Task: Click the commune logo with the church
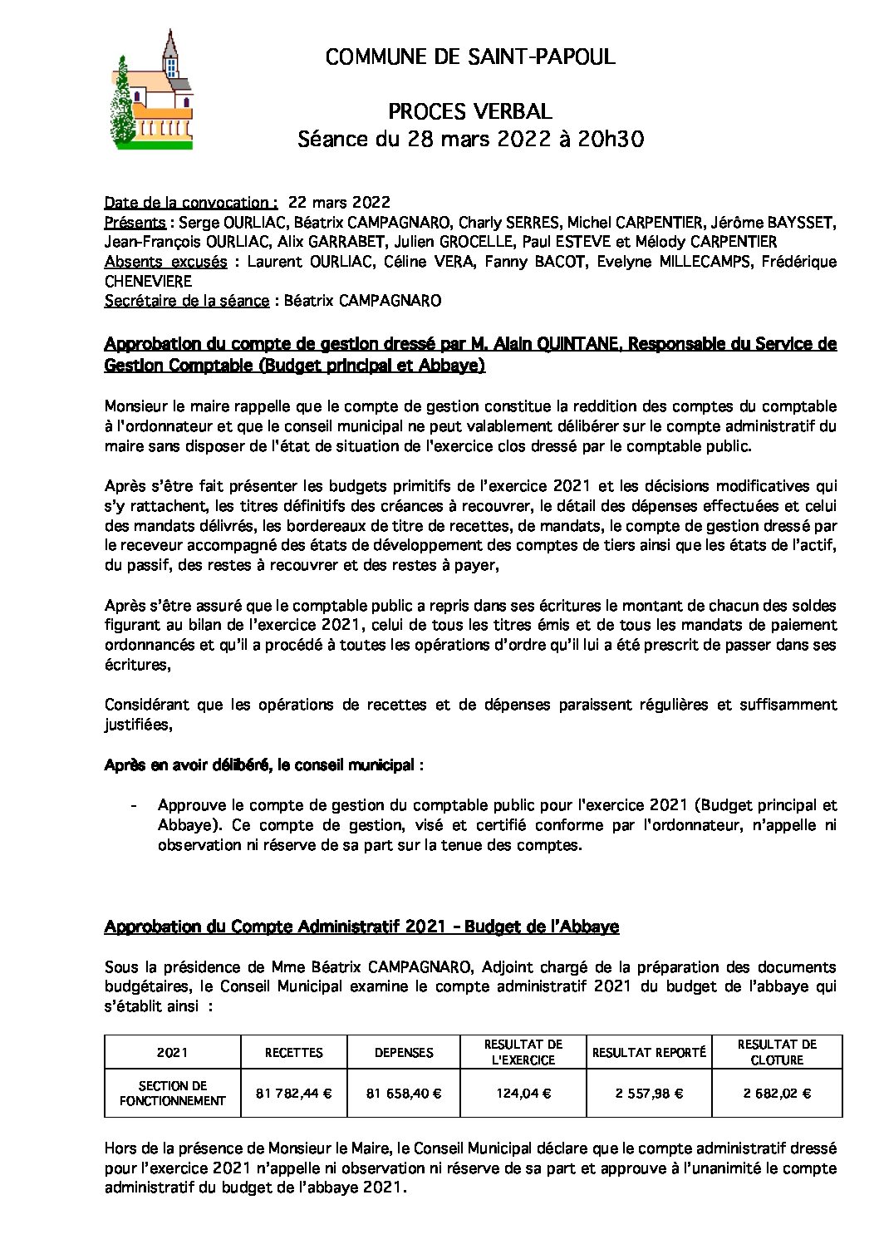(x=152, y=90)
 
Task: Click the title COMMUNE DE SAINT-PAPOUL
(x=470, y=57)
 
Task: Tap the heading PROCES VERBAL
(x=470, y=112)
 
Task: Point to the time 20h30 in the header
(x=611, y=140)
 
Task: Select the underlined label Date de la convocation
(x=191, y=203)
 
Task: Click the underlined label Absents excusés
(x=165, y=262)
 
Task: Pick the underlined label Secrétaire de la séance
(x=187, y=301)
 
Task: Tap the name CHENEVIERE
(x=148, y=282)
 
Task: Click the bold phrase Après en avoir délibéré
(x=184, y=765)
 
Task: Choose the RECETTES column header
(x=293, y=1052)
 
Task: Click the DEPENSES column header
(x=404, y=1052)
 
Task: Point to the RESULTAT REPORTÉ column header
(x=649, y=1052)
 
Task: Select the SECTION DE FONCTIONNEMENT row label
(x=172, y=1093)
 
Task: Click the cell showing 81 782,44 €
(x=293, y=1094)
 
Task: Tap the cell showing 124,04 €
(x=523, y=1094)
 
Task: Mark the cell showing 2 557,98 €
(x=649, y=1094)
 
